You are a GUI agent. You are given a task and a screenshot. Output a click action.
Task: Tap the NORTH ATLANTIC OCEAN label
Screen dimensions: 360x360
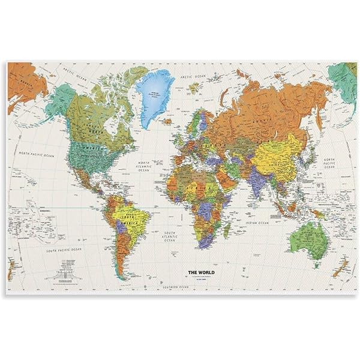coord(144,166)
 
